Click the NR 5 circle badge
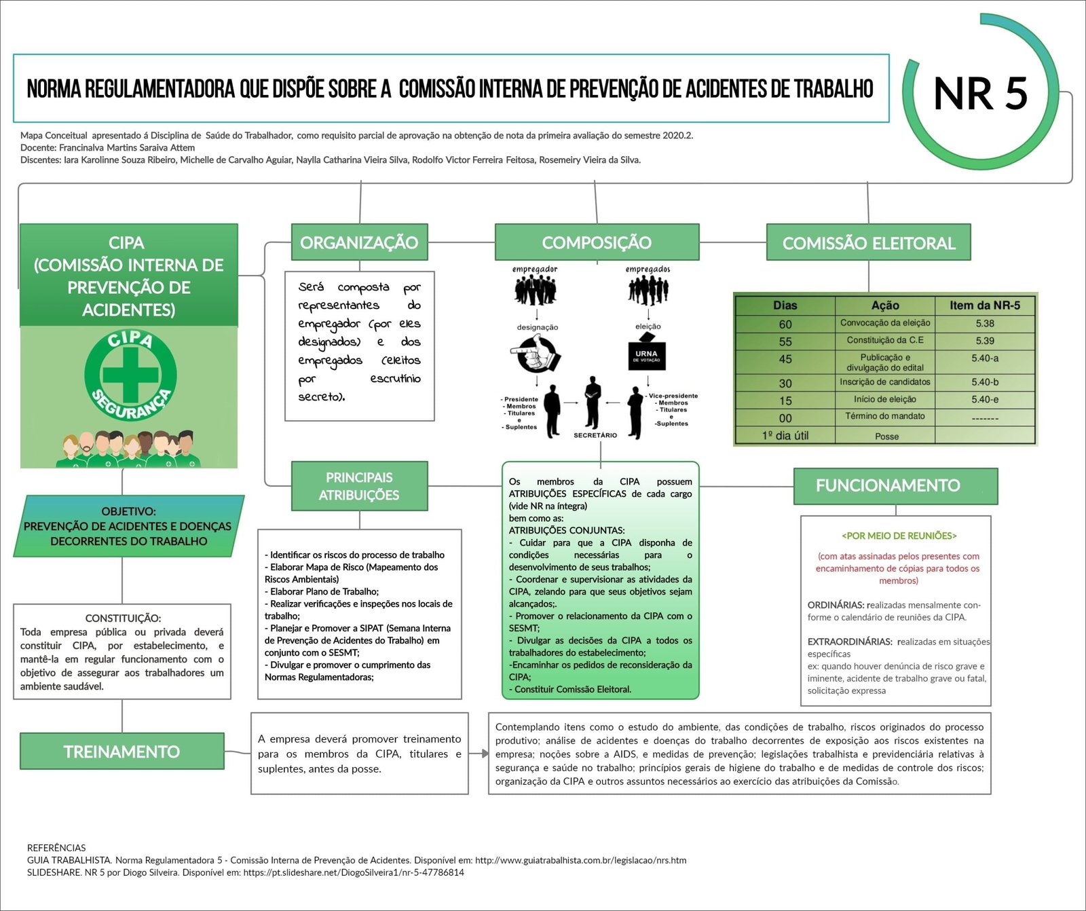point(980,92)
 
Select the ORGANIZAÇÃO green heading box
point(359,242)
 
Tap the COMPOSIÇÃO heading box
point(597,242)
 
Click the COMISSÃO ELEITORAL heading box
point(868,243)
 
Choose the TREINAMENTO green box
point(122,751)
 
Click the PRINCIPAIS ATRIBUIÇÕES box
point(359,486)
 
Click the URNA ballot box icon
point(647,351)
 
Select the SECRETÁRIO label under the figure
point(595,435)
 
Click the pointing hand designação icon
point(536,354)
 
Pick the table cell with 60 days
point(785,324)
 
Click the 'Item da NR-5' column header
point(984,305)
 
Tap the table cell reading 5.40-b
point(984,382)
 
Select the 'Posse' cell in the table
point(886,436)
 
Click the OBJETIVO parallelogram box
point(128,526)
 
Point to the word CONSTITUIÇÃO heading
point(123,618)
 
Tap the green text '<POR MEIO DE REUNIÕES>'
point(899,536)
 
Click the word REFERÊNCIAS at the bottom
point(56,848)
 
